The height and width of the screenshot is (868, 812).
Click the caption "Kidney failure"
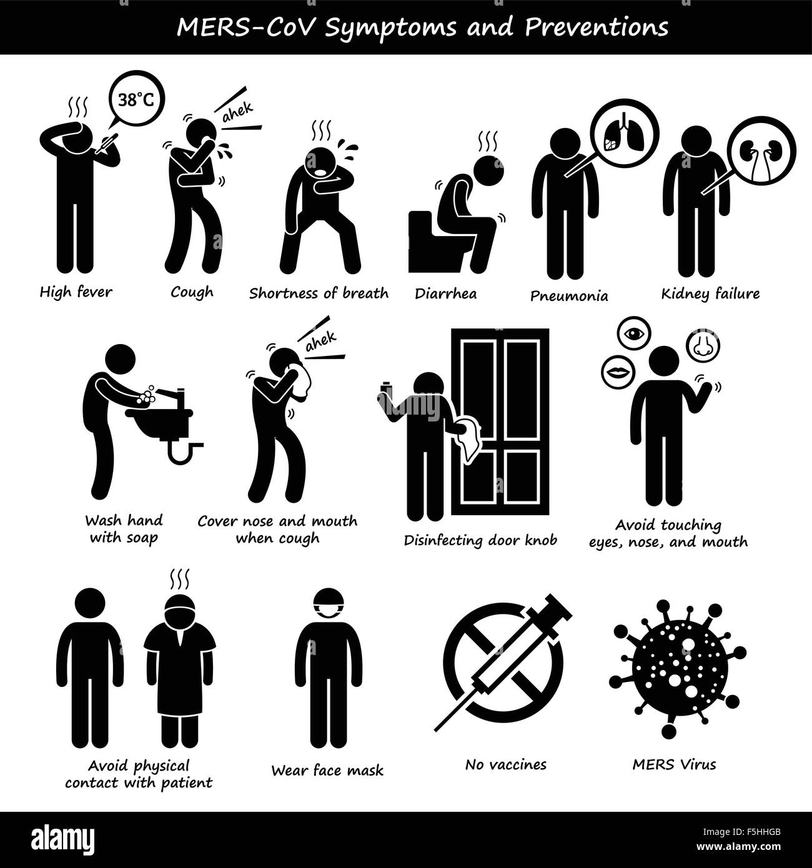pos(710,293)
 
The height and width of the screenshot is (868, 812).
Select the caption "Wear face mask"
pos(327,770)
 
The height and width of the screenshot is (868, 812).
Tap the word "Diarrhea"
pos(445,293)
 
